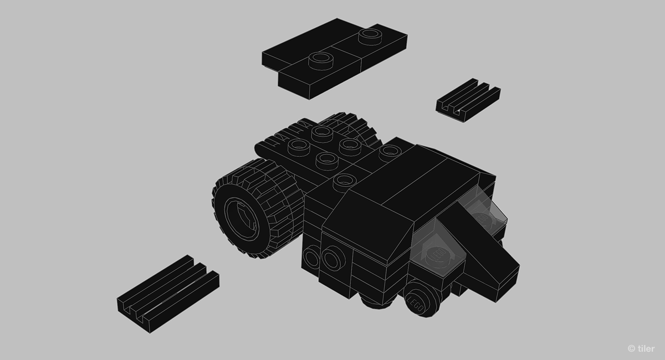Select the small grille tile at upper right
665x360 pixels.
tap(468, 98)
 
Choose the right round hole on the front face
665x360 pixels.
tap(332, 259)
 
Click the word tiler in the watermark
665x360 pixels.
tap(645, 348)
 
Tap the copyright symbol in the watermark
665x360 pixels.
tap(631, 348)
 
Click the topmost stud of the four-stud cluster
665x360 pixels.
tap(322, 132)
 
